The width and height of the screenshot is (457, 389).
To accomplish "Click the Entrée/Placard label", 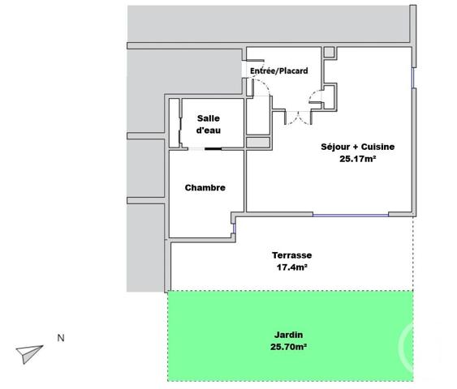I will [278, 71].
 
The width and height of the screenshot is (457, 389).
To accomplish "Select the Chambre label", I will [205, 188].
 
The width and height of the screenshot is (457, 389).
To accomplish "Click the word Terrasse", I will [291, 254].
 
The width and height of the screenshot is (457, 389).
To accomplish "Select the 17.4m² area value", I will [291, 267].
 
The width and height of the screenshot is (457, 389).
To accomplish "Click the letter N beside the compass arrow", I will [59, 338].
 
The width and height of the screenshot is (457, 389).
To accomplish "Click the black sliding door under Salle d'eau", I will [214, 148].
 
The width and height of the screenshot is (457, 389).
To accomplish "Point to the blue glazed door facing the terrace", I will [350, 214].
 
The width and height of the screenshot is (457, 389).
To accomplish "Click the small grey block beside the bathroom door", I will [258, 143].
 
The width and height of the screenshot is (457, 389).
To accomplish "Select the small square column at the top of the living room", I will [329, 53].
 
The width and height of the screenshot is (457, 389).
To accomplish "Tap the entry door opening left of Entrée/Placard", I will [245, 71].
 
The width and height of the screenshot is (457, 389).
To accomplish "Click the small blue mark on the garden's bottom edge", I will [233, 380].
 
